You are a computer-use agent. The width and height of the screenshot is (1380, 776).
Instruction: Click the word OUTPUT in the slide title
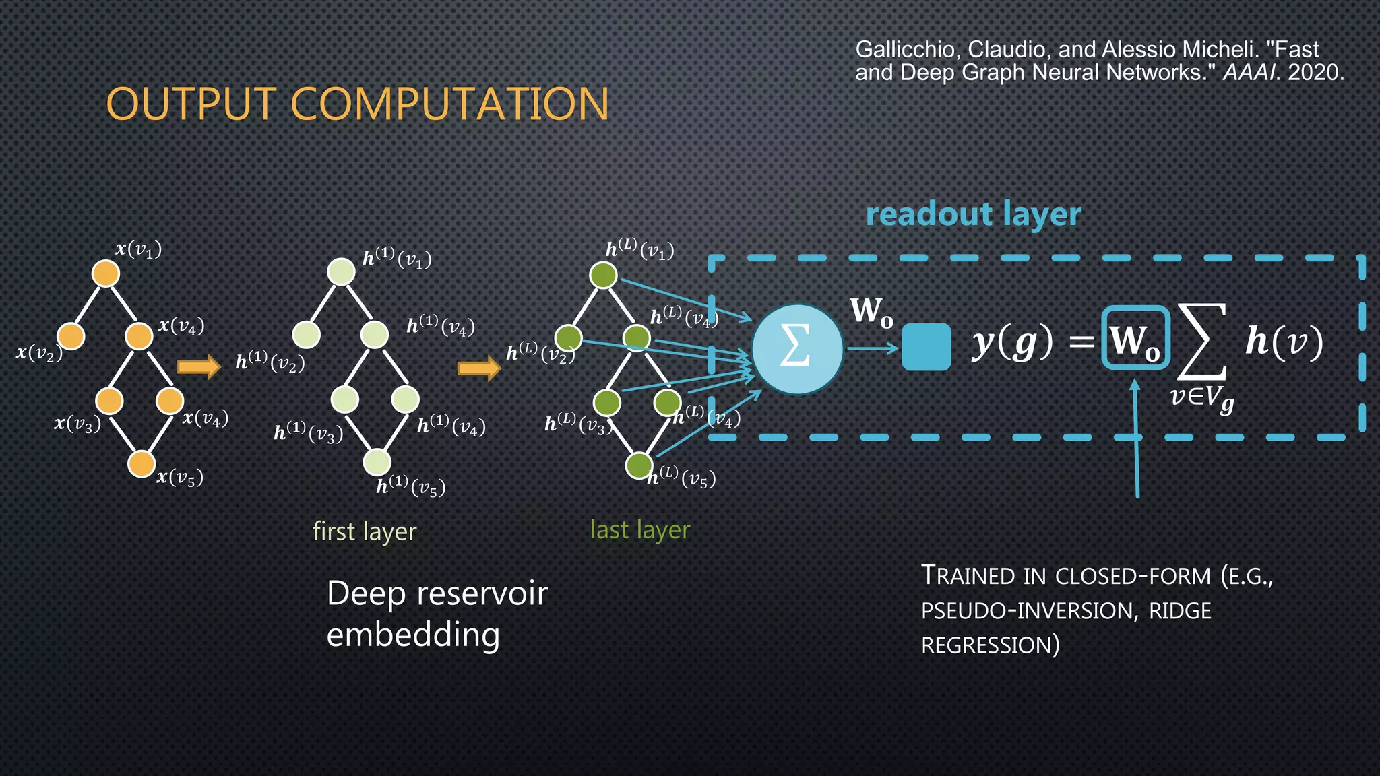pos(191,104)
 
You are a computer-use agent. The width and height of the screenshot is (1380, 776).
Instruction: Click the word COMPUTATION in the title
pos(449,104)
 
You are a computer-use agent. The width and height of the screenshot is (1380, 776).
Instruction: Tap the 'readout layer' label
pos(973,214)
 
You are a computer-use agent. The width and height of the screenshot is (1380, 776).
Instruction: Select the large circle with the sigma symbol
pos(797,349)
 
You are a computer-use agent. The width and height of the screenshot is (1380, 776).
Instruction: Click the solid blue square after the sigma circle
pos(926,348)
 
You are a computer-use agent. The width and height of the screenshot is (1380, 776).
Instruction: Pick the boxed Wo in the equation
pos(1135,338)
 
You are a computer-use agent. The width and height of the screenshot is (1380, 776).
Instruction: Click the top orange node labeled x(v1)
pos(106,273)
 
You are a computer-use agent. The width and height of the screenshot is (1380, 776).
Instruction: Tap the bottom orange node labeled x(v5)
pos(142,463)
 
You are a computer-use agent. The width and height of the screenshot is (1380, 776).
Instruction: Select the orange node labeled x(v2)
pos(71,335)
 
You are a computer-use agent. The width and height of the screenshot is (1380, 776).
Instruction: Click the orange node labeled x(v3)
pos(109,401)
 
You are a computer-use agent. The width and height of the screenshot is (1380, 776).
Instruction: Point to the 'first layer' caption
pos(365,531)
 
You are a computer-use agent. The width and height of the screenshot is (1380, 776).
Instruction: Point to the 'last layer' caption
pos(640,530)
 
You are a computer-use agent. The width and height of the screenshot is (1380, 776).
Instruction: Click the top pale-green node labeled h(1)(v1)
pos(341,271)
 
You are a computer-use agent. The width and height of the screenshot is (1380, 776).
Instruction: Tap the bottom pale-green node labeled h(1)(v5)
pos(377,462)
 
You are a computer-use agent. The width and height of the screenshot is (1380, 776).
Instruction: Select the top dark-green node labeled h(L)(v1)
pos(603,275)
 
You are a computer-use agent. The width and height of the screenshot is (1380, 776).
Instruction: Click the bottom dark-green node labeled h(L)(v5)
pos(639,465)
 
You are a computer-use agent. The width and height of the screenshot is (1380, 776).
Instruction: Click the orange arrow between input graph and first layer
pos(199,366)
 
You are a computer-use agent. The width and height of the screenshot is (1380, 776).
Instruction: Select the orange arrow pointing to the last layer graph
pos(479,368)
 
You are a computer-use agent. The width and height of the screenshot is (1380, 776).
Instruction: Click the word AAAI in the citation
pos(1249,73)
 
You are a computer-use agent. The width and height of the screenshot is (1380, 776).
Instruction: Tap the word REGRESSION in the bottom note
pos(989,645)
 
